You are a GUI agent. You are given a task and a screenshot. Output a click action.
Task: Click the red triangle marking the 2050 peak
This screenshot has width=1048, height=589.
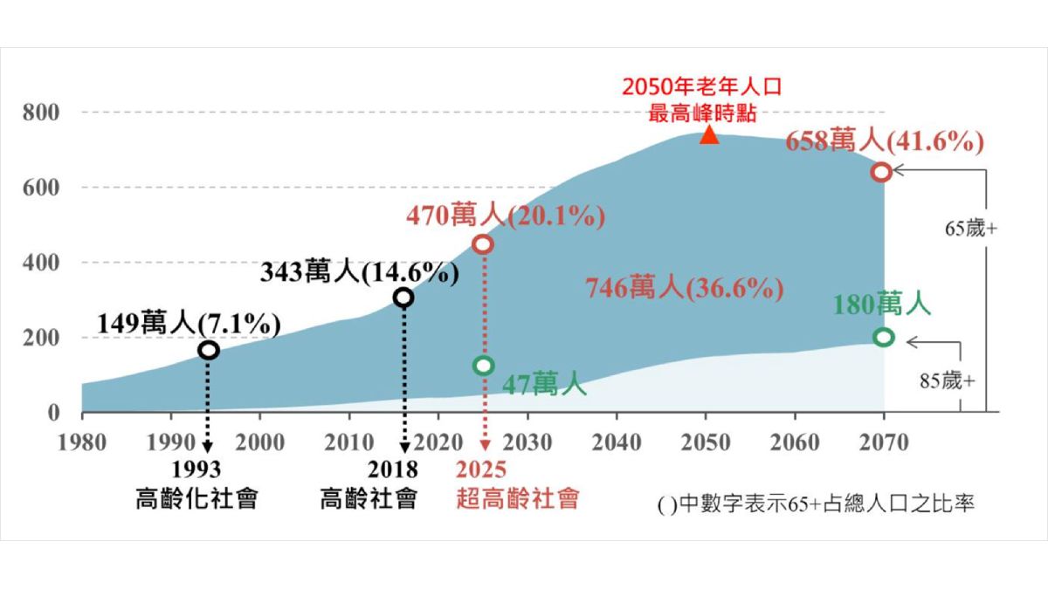point(709,135)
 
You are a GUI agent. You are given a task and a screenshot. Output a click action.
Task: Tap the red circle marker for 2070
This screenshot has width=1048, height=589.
point(881,172)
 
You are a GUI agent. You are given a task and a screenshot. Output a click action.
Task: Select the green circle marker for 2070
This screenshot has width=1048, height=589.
point(883,337)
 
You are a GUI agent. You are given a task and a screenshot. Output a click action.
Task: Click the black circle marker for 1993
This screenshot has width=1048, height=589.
point(208,350)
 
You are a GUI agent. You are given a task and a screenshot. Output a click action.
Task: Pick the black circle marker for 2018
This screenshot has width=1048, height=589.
point(403,298)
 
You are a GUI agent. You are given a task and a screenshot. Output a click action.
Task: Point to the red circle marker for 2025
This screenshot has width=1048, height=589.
point(483,244)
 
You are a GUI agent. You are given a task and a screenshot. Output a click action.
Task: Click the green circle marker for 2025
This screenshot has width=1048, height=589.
point(483,365)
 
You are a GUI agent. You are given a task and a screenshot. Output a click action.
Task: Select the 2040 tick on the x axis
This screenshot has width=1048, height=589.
point(616,442)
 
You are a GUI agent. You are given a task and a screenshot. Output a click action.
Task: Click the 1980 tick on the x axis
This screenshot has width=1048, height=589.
point(81,442)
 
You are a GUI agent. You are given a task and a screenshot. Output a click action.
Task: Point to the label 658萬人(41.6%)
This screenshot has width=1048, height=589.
point(885,141)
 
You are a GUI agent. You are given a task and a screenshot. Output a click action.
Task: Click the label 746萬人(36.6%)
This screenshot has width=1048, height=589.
point(684,288)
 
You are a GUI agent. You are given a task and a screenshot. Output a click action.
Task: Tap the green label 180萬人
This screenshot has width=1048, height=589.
point(881,305)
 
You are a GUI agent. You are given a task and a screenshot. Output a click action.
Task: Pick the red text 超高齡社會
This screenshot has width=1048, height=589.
point(517,499)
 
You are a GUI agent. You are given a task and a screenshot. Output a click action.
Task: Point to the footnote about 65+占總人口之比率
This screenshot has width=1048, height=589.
point(817,504)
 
